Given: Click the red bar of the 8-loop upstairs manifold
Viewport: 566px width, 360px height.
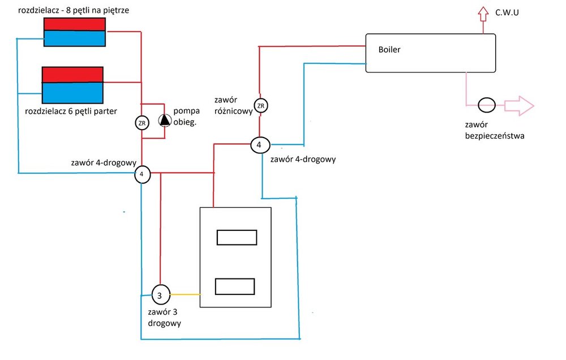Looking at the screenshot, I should [x=75, y=24].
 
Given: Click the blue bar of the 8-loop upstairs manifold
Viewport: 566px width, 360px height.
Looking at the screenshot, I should [x=75, y=38].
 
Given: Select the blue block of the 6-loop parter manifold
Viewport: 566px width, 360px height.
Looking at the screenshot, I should [x=72, y=92].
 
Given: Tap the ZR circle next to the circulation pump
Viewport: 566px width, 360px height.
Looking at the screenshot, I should [x=141, y=122].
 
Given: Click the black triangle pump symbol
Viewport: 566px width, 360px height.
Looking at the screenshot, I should [x=164, y=120].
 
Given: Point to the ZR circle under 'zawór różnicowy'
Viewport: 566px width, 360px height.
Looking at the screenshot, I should [x=260, y=106].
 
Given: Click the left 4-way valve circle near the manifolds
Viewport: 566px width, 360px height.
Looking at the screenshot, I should [x=142, y=174].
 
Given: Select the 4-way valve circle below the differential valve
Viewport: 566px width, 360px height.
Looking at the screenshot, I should [x=259, y=145].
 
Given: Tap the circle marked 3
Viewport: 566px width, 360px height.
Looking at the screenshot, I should [x=160, y=294].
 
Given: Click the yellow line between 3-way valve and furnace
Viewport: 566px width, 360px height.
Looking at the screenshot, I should [x=184, y=294].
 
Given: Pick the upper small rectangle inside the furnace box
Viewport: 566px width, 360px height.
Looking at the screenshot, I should [x=237, y=237].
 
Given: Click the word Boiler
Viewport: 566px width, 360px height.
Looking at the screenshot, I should [x=389, y=50].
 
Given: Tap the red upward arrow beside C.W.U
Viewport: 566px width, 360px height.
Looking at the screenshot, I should [x=482, y=14].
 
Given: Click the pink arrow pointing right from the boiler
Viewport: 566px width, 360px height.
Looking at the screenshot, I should [x=518, y=105].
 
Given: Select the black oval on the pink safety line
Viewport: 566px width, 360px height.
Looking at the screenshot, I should [x=486, y=105].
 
